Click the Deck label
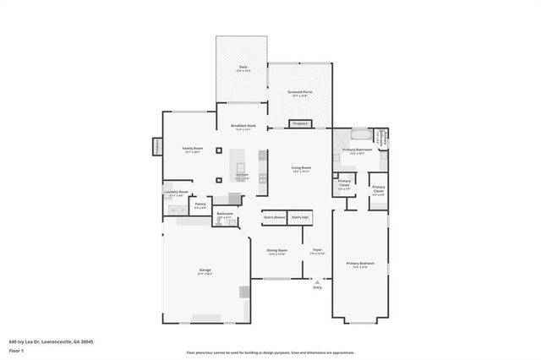[243, 67]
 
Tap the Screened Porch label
[301, 94]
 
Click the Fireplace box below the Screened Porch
[300, 123]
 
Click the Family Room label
[193, 150]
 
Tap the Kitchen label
[242, 177]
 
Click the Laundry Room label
[176, 193]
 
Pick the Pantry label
[200, 205]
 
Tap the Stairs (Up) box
[300, 217]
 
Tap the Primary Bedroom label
[360, 265]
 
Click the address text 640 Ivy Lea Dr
[51, 341]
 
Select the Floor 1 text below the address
[17, 350]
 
